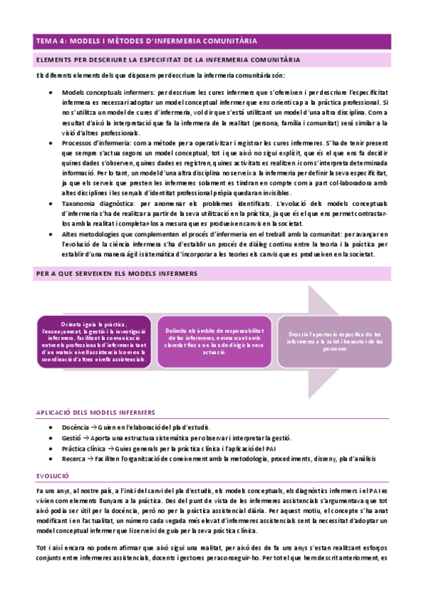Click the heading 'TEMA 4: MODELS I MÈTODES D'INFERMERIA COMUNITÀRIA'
click(x=147, y=42)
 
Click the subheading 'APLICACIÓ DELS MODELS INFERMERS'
click(x=96, y=412)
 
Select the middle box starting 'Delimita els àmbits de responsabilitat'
click(x=214, y=342)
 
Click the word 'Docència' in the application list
click(x=76, y=428)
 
